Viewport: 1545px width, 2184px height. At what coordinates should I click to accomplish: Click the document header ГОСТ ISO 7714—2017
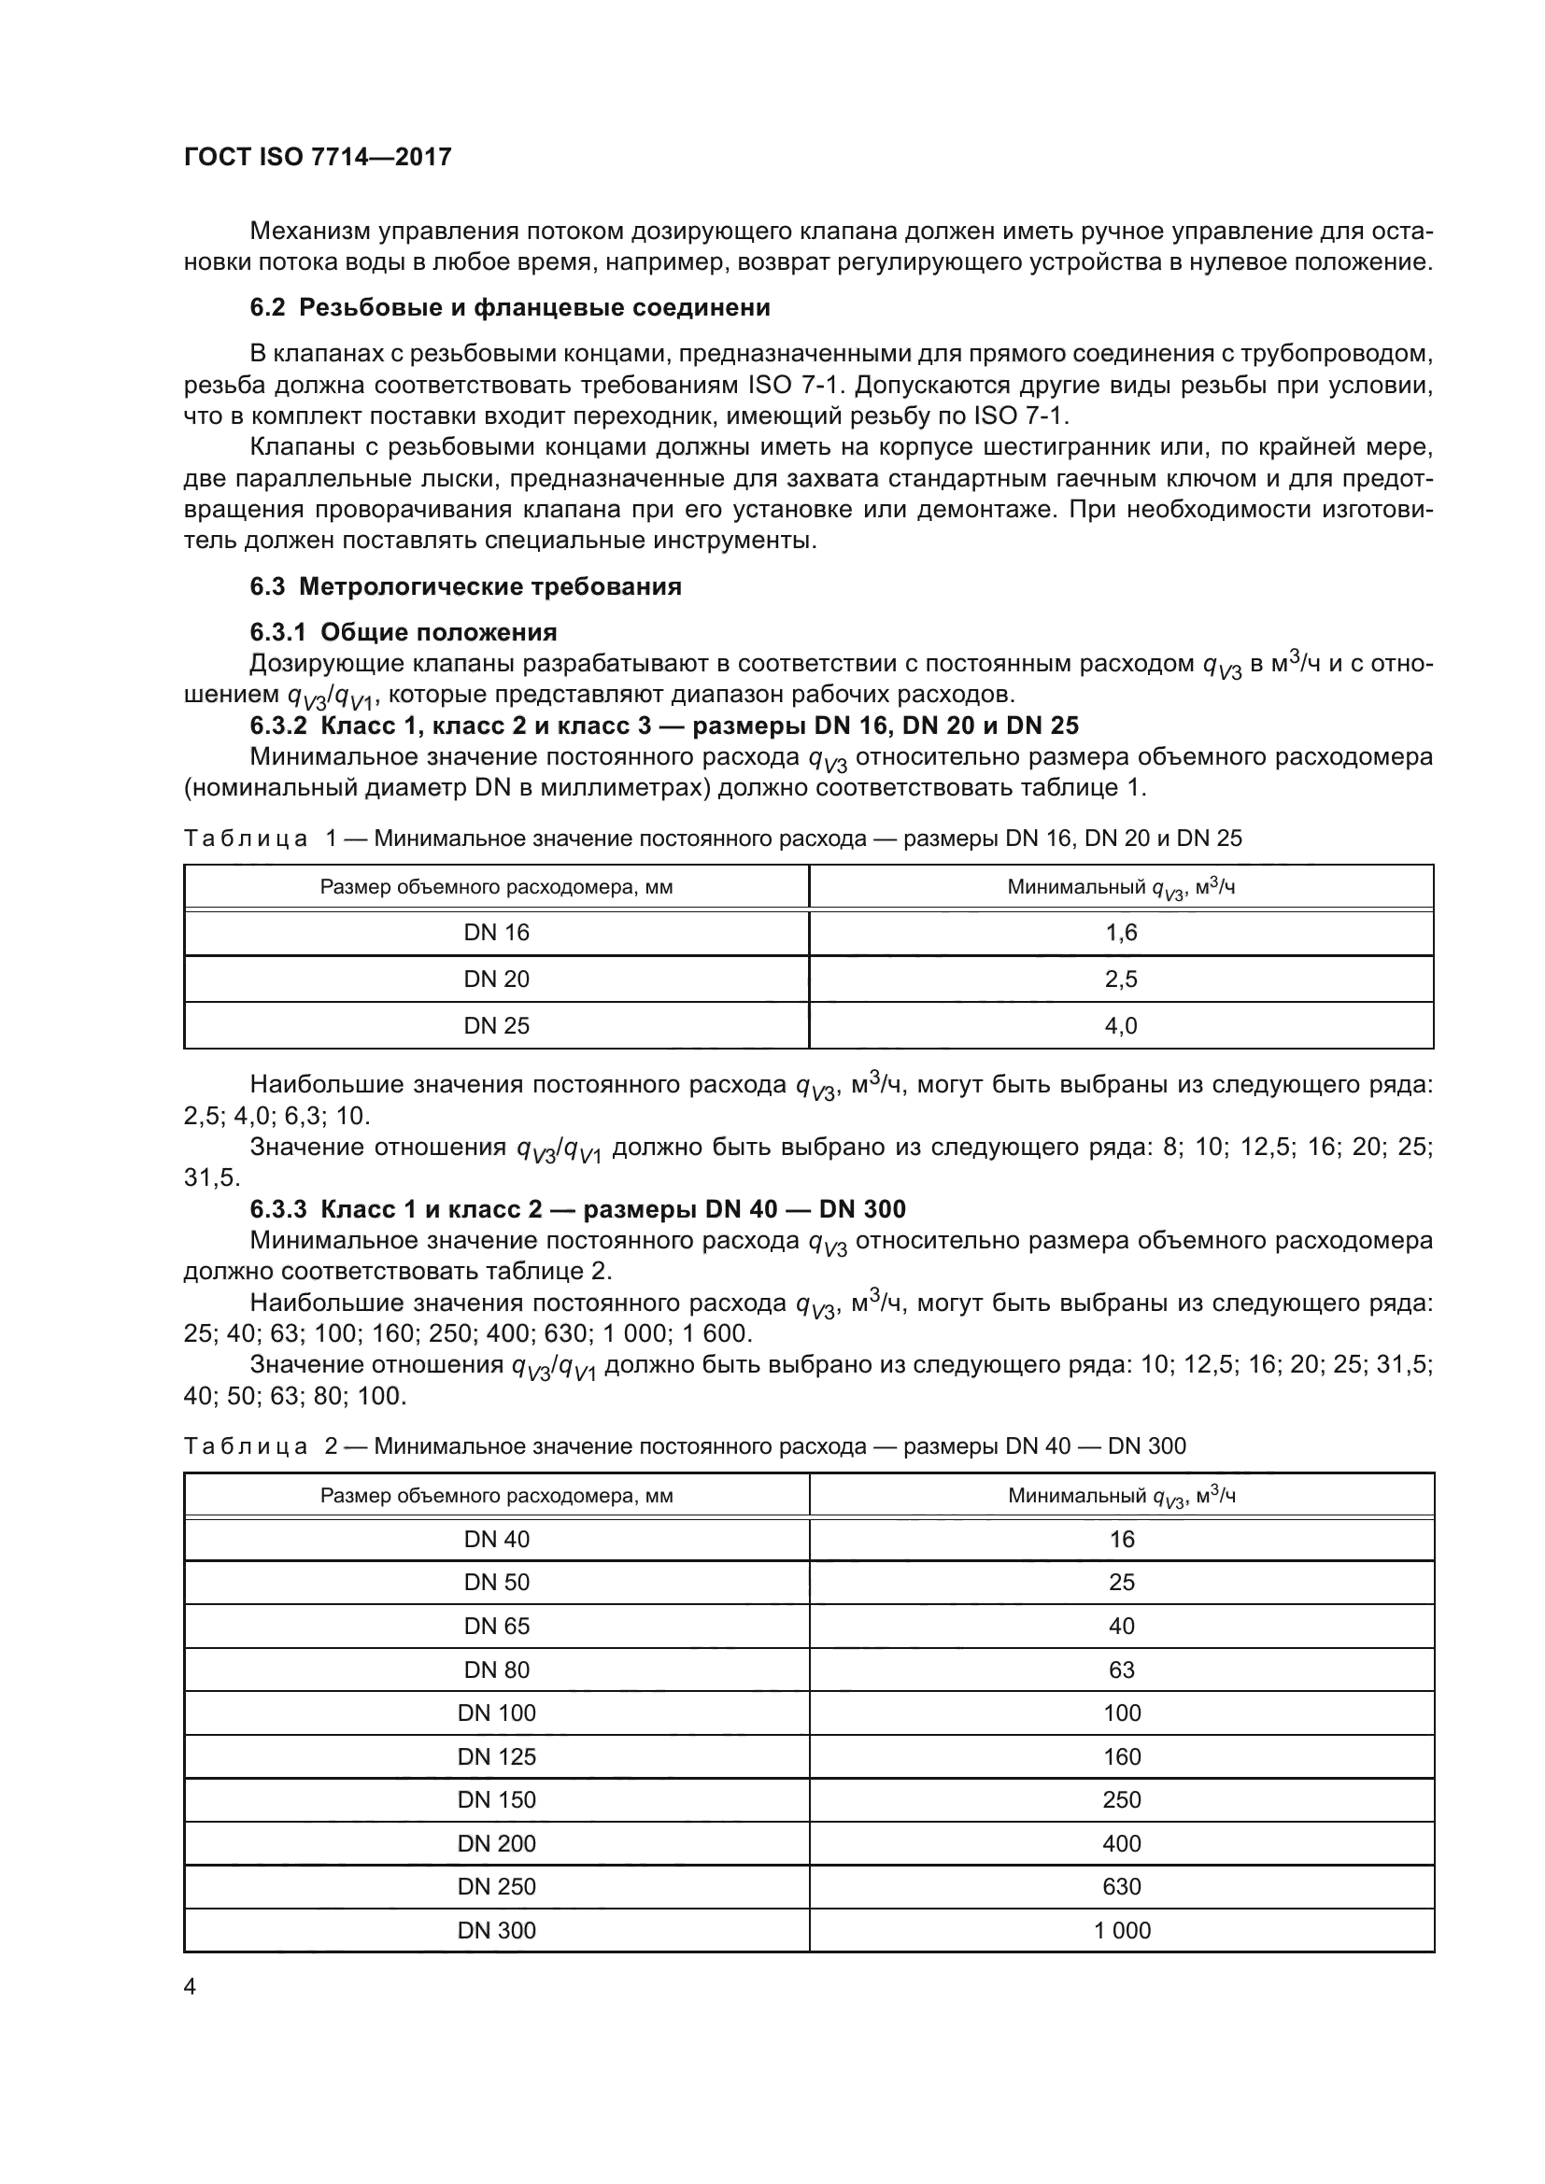click(x=317, y=157)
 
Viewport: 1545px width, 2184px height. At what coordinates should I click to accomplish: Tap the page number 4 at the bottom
click(x=190, y=1986)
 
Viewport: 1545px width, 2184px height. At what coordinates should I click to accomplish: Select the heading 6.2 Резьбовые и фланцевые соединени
click(x=510, y=307)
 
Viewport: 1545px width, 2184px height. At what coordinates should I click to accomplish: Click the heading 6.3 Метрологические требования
click(x=465, y=586)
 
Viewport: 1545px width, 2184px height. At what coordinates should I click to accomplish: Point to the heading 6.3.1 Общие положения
click(x=404, y=631)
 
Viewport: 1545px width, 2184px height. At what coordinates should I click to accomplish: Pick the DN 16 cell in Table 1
click(x=496, y=932)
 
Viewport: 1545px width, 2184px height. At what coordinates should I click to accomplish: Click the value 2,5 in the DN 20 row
click(x=1121, y=979)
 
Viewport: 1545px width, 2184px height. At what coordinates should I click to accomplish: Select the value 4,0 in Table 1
click(x=1121, y=1025)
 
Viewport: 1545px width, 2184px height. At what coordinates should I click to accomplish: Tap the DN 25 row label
click(x=496, y=1025)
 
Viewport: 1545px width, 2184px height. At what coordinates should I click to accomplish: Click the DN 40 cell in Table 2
click(x=496, y=1539)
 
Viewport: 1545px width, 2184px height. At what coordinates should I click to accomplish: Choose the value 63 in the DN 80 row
click(x=1121, y=1670)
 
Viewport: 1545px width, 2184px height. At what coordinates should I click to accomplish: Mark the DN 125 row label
click(x=496, y=1756)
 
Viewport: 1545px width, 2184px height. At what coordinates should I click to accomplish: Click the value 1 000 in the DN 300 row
click(x=1121, y=1930)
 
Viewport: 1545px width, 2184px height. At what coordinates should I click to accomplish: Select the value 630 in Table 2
click(x=1121, y=1886)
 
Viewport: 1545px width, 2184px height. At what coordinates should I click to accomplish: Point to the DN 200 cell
click(x=496, y=1843)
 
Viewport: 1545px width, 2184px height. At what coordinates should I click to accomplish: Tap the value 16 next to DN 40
click(x=1121, y=1539)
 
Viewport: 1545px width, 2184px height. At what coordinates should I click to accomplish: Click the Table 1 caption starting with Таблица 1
click(x=712, y=838)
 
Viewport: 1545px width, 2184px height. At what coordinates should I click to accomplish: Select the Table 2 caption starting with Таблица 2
click(x=684, y=1445)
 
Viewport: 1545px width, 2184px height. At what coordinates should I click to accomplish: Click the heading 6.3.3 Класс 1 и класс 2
click(x=577, y=1209)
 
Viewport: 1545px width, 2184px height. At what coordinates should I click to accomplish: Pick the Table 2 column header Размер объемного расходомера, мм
click(x=496, y=1495)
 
